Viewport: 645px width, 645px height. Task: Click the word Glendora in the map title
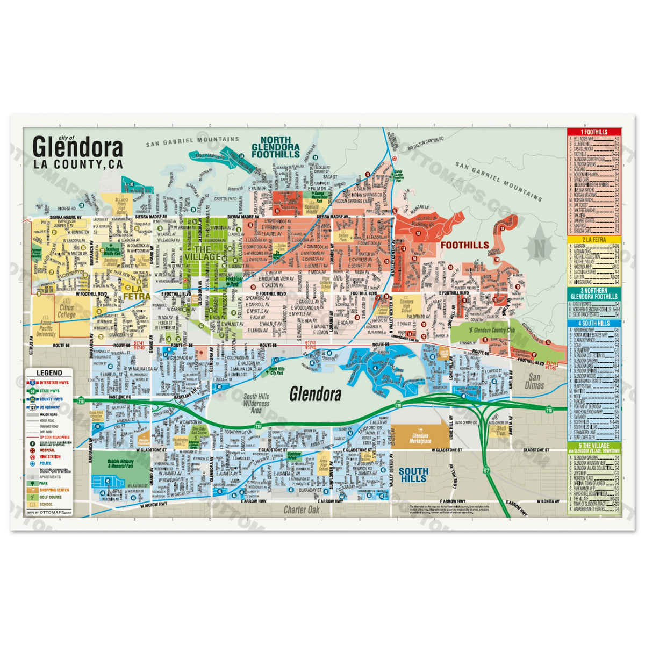[x=77, y=147]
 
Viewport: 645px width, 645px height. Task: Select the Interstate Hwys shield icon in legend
[x=33, y=383]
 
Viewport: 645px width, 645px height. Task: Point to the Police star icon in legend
[x=33, y=463]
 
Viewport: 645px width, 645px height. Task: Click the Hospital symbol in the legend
[x=33, y=450]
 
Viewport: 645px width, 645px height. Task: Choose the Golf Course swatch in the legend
[x=33, y=497]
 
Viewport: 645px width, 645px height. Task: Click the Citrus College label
[x=67, y=311]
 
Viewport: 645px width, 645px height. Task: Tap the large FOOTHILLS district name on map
[x=464, y=245]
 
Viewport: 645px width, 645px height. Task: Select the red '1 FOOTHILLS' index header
[x=593, y=132]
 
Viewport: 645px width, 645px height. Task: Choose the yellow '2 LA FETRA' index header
[x=593, y=239]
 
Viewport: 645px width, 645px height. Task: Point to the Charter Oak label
[x=302, y=510]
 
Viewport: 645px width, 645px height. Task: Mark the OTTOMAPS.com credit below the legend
[x=53, y=513]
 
